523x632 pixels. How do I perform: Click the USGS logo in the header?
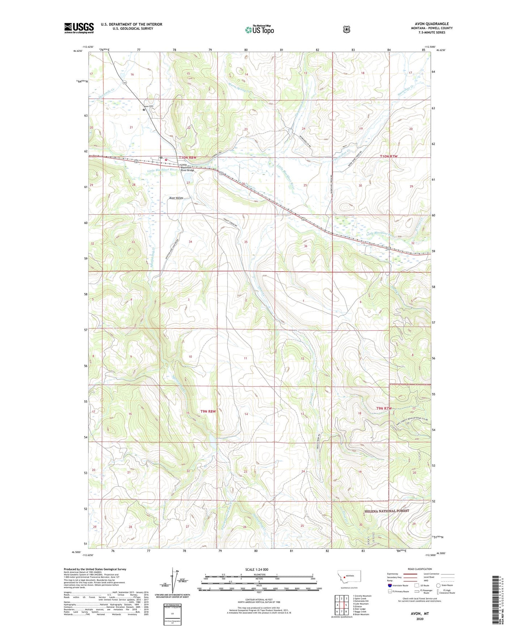click(x=79, y=28)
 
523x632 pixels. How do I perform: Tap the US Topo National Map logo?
click(x=259, y=30)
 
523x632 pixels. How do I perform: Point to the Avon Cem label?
click(x=149, y=106)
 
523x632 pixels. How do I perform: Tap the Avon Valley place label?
click(x=176, y=198)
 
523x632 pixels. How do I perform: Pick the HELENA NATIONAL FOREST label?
click(x=386, y=511)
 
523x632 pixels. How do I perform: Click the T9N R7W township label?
click(x=384, y=408)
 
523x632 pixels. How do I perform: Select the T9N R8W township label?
click(x=208, y=411)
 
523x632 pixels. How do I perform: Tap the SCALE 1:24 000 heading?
click(x=257, y=569)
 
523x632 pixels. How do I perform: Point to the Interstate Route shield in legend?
click(x=389, y=585)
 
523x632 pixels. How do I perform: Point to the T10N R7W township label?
click(x=389, y=156)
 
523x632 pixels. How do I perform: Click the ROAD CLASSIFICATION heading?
click(x=419, y=569)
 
